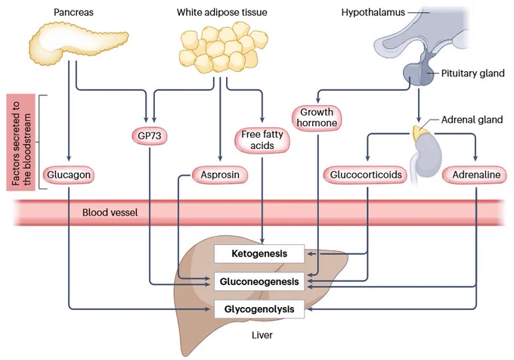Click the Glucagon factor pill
coord(69,175)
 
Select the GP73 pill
coord(150,135)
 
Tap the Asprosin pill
coord(220,175)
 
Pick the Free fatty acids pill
coord(262,140)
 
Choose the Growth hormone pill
coord(317,118)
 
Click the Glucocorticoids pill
coord(366,175)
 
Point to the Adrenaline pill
coord(476,175)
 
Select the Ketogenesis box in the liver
coord(259,254)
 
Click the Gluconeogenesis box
coord(259,281)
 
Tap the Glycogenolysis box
coord(259,309)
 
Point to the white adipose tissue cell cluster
coord(223,48)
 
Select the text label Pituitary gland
coord(472,73)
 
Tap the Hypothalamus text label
coord(373,12)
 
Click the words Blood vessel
coord(110,213)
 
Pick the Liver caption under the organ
coord(262,335)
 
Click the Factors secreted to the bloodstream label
coord(21,143)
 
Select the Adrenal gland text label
coord(472,119)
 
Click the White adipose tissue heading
coord(222,12)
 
